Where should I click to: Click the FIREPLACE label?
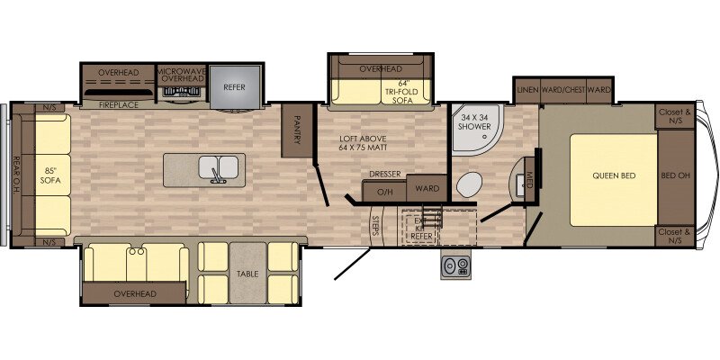coord(117,105)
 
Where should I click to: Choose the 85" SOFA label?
coord(50,175)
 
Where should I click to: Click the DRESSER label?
coord(385,175)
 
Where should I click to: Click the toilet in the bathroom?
coord(468,186)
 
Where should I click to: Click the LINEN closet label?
coord(527,90)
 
